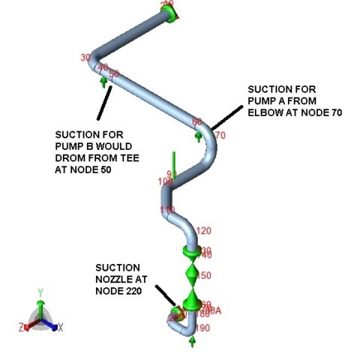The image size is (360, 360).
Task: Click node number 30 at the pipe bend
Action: pos(85,58)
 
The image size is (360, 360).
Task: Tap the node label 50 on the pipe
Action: pos(114,73)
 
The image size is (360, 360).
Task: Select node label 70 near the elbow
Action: pos(220,136)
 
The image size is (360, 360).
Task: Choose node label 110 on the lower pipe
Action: pos(166,209)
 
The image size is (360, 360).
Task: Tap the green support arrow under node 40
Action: pos(103,80)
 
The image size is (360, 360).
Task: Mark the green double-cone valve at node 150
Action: pos(193,276)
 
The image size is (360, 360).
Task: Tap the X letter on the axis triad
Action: pos(60,328)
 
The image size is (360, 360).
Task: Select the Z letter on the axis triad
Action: pos(23,328)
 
